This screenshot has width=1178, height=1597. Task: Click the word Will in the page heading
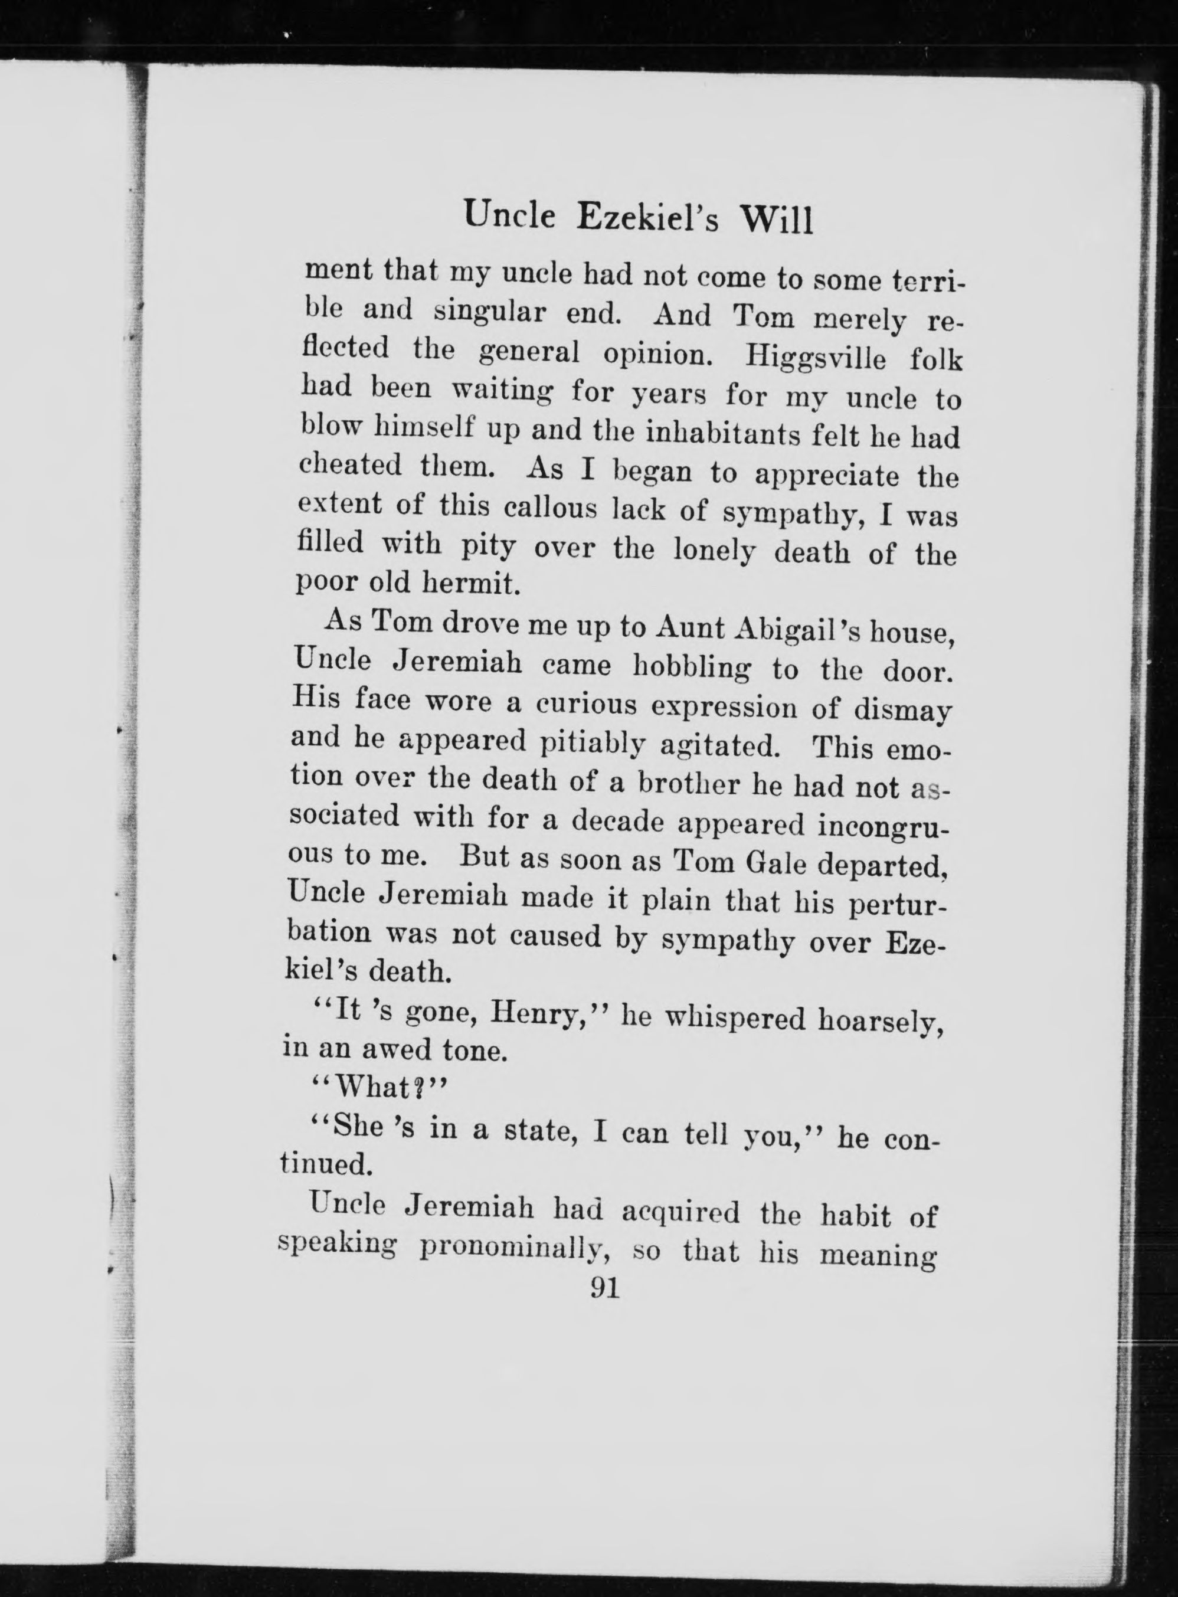point(778,218)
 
